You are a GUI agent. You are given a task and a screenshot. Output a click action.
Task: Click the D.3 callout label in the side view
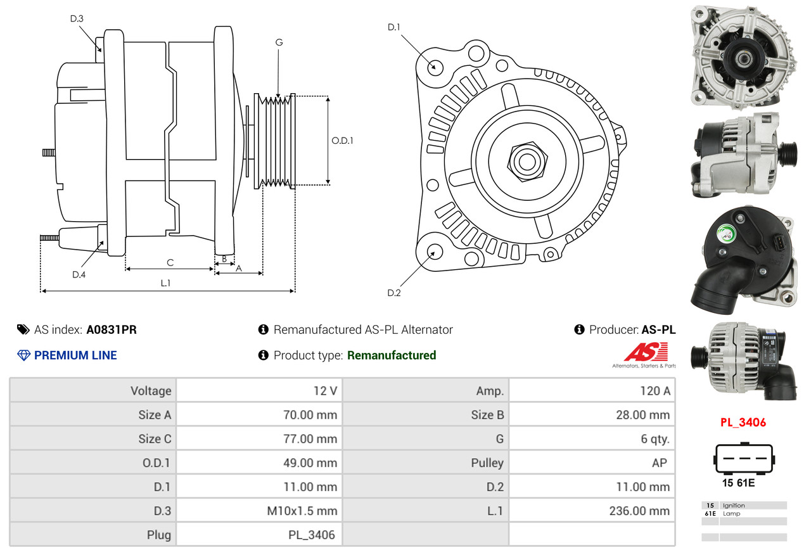tap(77, 18)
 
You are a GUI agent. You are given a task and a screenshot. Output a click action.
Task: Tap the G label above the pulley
tap(279, 42)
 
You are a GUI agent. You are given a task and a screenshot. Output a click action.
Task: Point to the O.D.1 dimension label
tap(342, 141)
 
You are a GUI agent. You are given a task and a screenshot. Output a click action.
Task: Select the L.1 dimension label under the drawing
tap(165, 283)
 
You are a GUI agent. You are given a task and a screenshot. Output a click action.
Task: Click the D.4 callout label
tap(79, 274)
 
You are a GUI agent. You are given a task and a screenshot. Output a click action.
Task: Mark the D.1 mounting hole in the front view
tap(435, 67)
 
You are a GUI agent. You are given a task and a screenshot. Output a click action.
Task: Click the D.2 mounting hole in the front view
tap(434, 252)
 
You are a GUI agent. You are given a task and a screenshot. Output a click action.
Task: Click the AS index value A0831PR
tap(112, 329)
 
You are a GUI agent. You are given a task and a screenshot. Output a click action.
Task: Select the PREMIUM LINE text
tap(75, 355)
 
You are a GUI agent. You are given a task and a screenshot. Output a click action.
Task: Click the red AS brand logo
tap(646, 352)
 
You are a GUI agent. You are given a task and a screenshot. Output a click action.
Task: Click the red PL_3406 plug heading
tap(743, 422)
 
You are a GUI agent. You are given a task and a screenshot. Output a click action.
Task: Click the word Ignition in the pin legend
tap(734, 506)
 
